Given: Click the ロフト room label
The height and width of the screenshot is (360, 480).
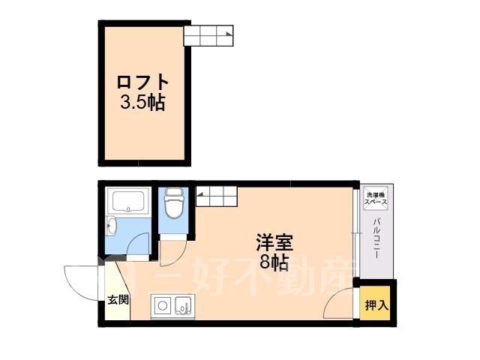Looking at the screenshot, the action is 143,82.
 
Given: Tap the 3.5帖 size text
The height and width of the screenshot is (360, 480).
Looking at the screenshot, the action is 142,102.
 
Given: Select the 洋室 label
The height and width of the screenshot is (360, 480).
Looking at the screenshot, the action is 274,243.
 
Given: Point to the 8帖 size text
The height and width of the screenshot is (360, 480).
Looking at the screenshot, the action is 274,262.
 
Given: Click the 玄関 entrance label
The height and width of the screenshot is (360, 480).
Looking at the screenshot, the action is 118,300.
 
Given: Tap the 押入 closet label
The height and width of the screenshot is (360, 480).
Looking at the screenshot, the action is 376,305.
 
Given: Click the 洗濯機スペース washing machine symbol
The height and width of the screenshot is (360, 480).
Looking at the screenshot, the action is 375,198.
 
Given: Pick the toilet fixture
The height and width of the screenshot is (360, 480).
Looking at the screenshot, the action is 173,202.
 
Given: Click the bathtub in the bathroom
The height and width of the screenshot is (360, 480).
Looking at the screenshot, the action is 128,202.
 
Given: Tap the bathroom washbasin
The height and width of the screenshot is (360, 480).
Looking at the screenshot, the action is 110,226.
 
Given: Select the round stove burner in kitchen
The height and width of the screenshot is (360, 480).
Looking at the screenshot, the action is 163,305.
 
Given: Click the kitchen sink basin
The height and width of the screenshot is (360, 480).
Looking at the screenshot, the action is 183,305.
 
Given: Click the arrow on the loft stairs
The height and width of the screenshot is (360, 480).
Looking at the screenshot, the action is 229,34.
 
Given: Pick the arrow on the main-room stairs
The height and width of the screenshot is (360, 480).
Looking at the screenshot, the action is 200,193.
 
